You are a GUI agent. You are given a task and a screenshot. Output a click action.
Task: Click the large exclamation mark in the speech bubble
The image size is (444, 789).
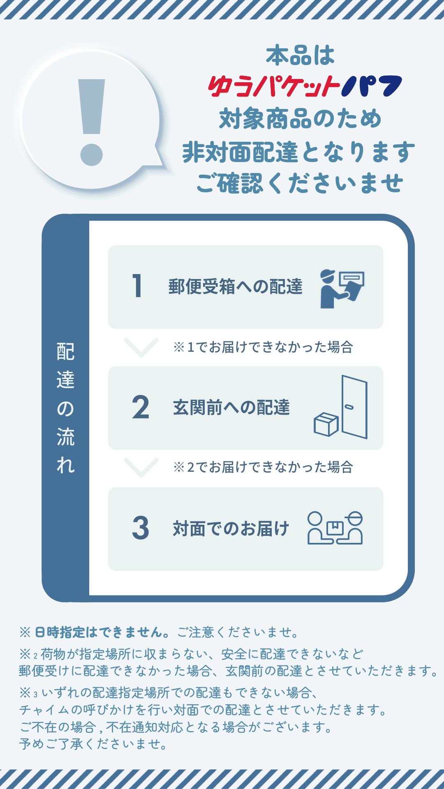pos(92,122)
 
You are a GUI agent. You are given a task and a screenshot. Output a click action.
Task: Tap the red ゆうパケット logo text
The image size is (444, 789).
pos(274,87)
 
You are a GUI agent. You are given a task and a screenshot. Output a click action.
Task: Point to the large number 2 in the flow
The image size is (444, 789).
pos(141,407)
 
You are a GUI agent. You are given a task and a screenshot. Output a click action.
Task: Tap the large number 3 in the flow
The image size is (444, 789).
pos(141,528)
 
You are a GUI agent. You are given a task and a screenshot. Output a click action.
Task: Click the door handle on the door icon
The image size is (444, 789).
pos(349,407)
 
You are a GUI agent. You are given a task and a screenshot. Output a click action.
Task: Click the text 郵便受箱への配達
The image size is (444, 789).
pos(236,286)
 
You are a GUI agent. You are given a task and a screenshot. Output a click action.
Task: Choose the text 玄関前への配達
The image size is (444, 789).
pos(231,407)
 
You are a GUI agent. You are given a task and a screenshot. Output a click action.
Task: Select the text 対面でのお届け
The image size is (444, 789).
pos(231,528)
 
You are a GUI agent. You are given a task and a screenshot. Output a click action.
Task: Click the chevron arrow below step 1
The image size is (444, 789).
pos(141,347)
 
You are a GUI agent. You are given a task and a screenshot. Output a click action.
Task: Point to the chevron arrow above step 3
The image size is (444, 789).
pos(141,468)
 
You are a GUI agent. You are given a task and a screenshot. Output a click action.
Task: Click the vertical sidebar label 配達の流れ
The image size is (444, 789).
pos(66,408)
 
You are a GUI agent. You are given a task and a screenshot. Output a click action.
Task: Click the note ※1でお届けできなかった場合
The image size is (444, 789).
pos(263,347)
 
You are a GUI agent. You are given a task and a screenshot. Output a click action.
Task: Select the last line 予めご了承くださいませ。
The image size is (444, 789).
pos(93,744)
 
